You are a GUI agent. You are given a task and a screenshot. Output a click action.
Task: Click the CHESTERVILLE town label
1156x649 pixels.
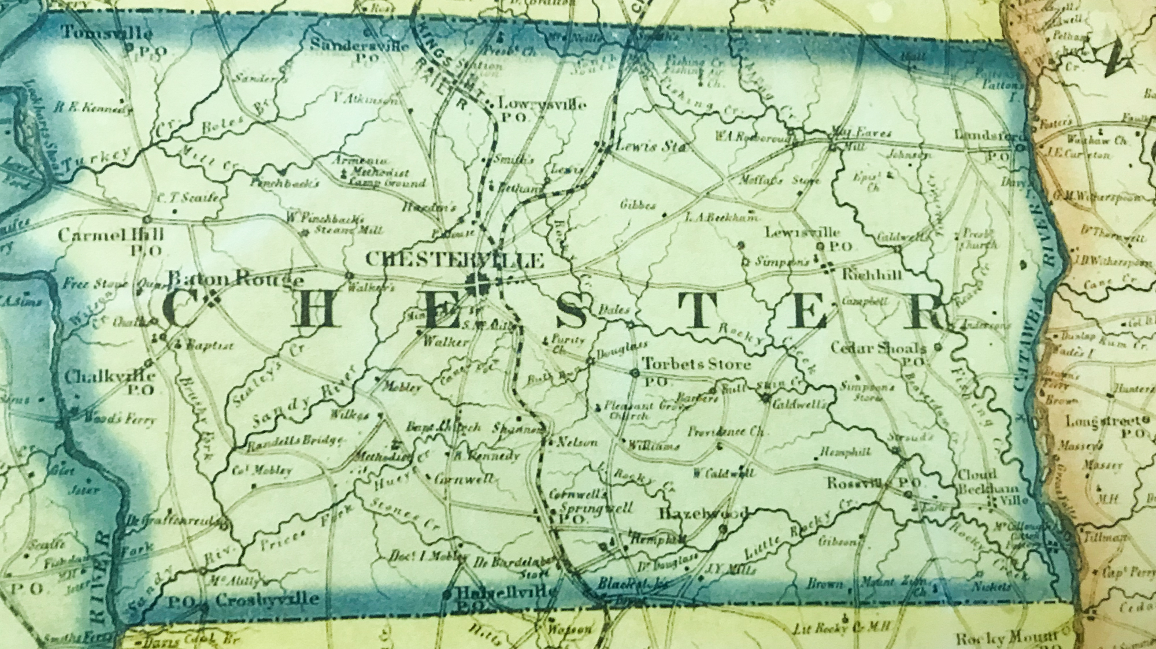455,260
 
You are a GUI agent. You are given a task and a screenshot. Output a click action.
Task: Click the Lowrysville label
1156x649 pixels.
542,105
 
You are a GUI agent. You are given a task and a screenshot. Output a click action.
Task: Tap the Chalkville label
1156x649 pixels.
109,377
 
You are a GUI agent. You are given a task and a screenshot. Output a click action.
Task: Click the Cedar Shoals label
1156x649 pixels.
878,348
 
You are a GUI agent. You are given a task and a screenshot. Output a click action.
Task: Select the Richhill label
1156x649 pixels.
872,275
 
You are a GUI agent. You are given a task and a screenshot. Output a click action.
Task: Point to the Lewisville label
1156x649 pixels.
802,232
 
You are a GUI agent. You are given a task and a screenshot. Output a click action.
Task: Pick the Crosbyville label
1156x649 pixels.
266,600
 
